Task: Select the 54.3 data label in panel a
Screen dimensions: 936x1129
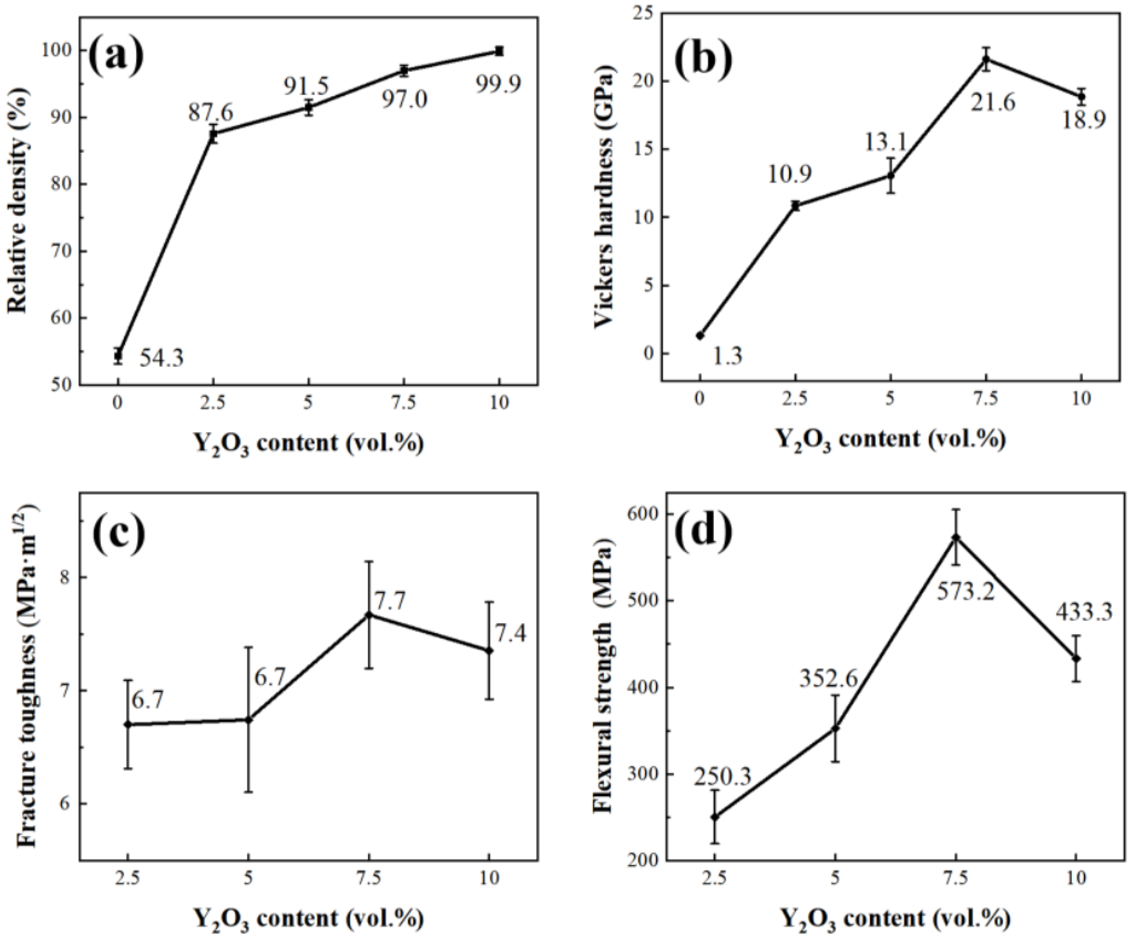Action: click(161, 358)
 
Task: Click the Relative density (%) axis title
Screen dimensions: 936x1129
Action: click(17, 199)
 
